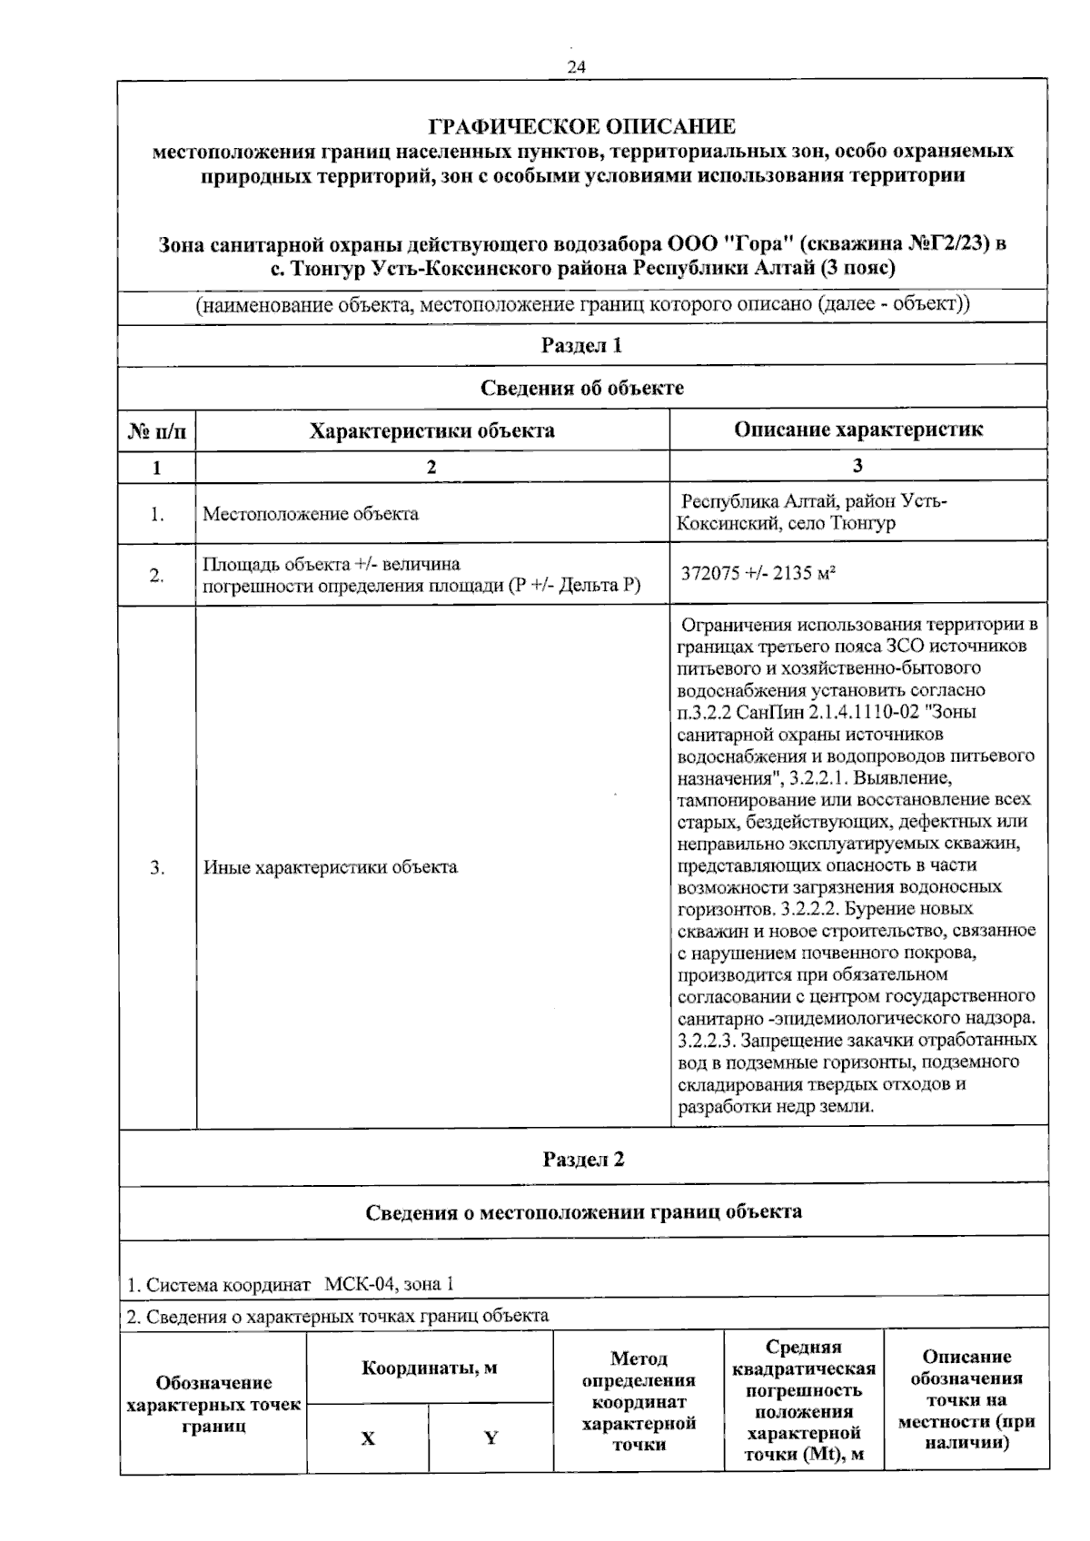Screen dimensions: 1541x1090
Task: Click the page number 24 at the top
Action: tap(576, 67)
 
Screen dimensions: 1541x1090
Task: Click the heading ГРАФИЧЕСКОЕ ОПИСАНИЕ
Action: tap(581, 126)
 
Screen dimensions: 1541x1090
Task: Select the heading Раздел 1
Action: tap(581, 345)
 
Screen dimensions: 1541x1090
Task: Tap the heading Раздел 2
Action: tap(583, 1160)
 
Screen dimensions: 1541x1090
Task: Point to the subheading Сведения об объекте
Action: tap(581, 388)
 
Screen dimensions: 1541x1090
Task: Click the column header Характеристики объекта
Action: tap(431, 430)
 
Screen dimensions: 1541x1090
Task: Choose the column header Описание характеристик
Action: tap(857, 430)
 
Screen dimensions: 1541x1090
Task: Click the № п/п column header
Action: tap(156, 431)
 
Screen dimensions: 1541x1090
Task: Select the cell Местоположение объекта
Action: tap(311, 514)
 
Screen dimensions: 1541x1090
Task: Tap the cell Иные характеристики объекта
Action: tap(330, 867)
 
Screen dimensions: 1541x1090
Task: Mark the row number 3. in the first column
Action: tap(157, 867)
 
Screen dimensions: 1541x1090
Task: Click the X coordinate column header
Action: tap(368, 1438)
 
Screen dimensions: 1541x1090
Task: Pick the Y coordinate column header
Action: tap(490, 1438)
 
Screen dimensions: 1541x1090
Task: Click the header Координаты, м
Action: tap(429, 1368)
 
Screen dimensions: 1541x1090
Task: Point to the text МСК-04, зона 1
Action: tap(389, 1284)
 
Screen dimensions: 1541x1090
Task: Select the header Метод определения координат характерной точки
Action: tap(639, 1401)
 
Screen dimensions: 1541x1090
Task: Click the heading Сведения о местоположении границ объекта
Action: tap(583, 1211)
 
